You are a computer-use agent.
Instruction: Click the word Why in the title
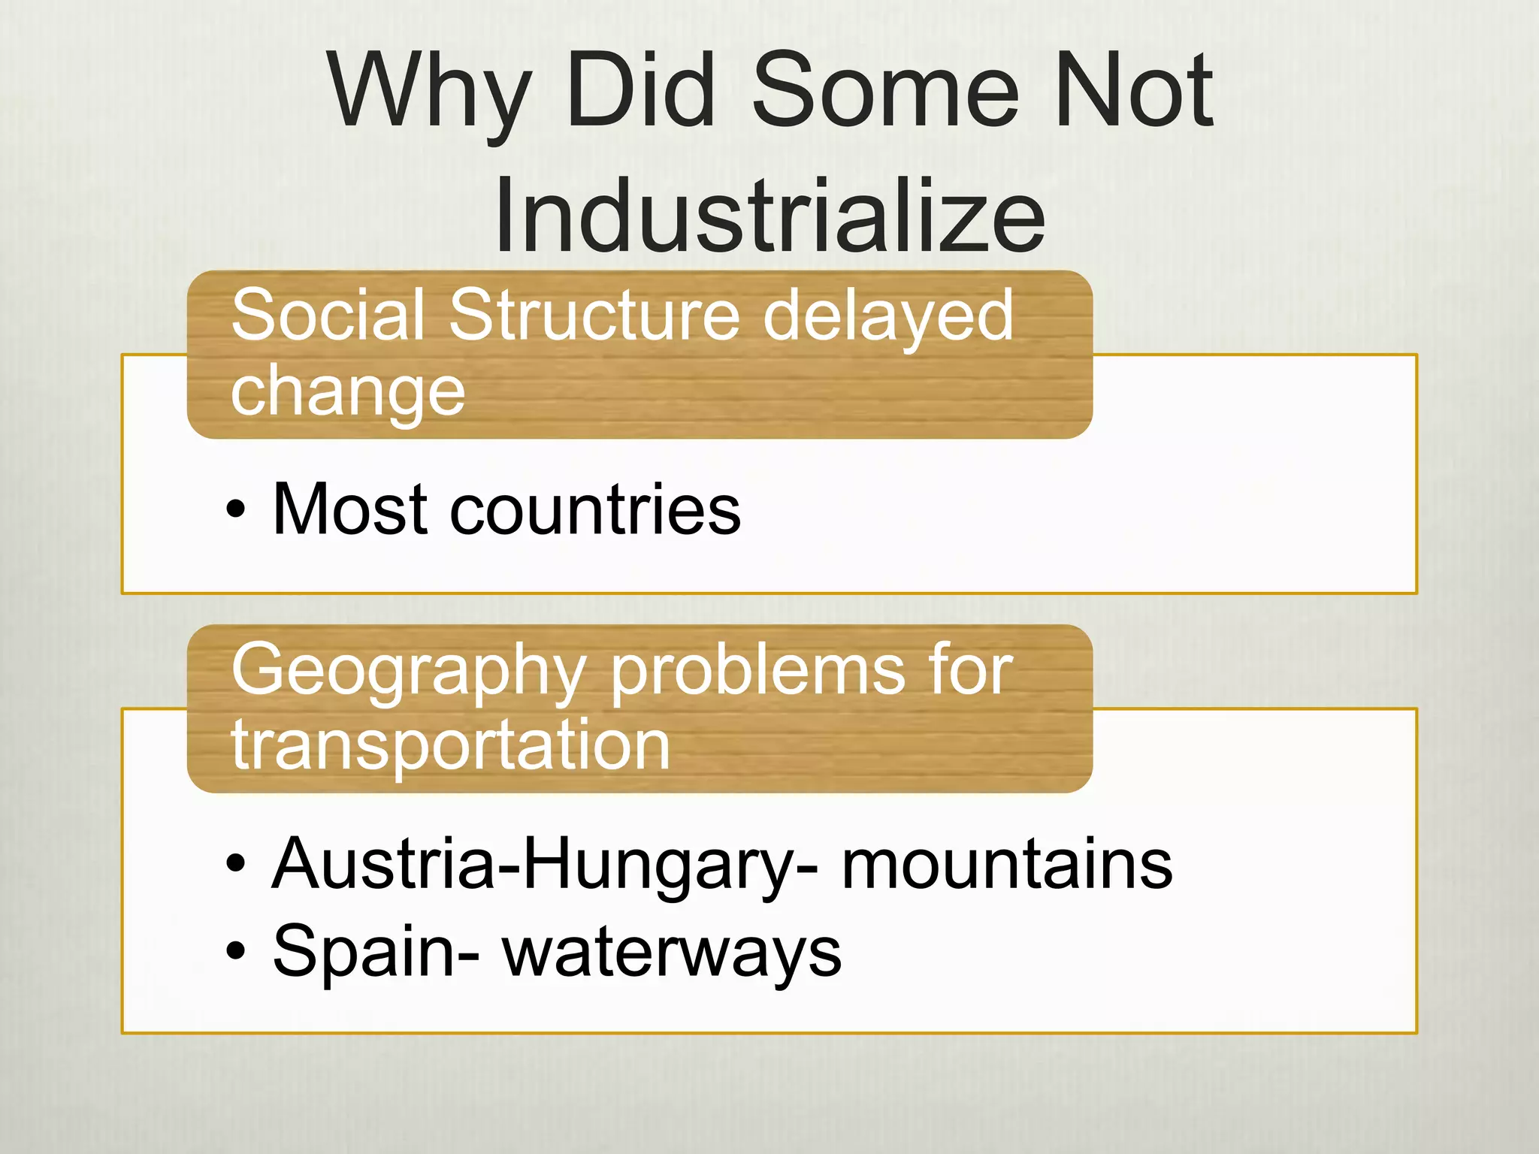pos(429,92)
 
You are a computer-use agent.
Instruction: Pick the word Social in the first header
pos(331,315)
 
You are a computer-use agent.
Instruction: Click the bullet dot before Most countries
pos(236,510)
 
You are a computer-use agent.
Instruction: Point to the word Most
pos(351,510)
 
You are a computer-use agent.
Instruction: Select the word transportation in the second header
pos(451,745)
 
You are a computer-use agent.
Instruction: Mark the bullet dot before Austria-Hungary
pos(236,865)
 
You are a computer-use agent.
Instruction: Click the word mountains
pos(1006,865)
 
